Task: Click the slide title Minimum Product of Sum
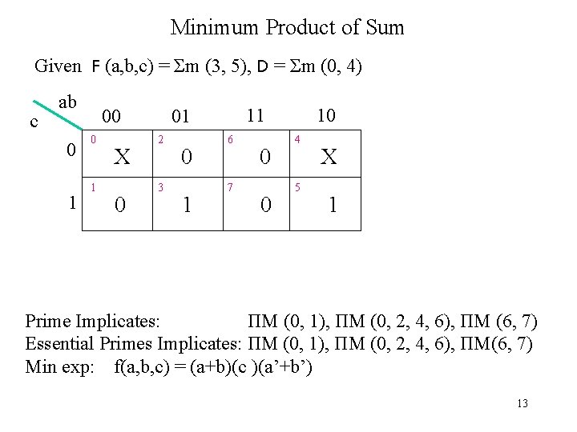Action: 288,28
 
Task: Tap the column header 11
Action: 255,115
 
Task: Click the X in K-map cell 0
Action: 122,158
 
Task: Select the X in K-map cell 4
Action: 329,158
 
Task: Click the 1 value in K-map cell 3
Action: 186,206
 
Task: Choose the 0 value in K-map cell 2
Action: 186,158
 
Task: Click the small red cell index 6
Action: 231,139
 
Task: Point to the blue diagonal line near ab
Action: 59,115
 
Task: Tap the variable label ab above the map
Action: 68,102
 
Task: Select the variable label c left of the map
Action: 34,122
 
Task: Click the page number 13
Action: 523,404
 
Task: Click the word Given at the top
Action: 58,66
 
